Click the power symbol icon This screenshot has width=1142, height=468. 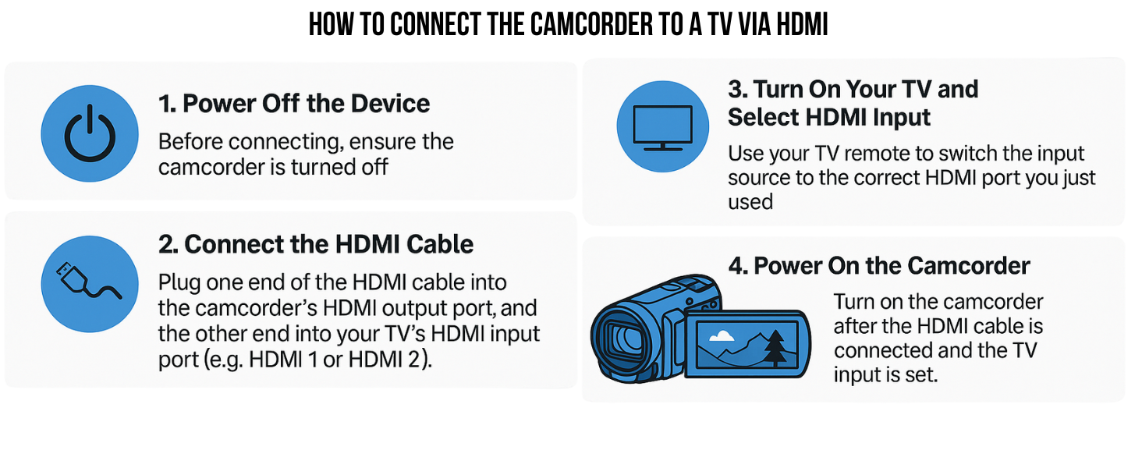tap(90, 133)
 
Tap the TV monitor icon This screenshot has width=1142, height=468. tap(663, 127)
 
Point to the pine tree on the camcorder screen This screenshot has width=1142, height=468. tap(775, 348)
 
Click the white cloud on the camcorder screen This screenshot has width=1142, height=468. tap(722, 335)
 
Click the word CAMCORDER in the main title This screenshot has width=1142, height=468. tap(591, 24)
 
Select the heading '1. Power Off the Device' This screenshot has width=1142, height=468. tap(294, 104)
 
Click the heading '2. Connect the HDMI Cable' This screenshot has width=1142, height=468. tap(316, 244)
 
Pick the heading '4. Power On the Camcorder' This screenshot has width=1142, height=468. tap(879, 266)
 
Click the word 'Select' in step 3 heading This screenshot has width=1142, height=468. tap(763, 117)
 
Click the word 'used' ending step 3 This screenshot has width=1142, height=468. tap(750, 202)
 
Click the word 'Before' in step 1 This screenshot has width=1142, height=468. tap(190, 142)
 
